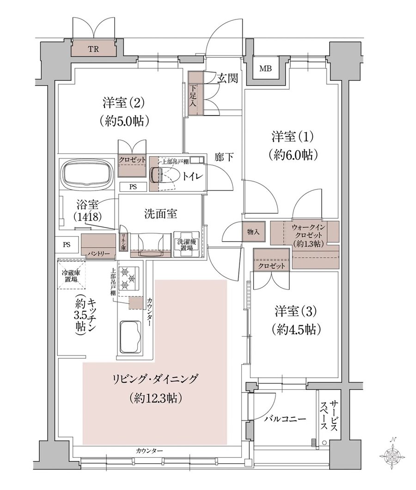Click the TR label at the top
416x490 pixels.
coord(93,49)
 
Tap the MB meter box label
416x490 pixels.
coord(265,68)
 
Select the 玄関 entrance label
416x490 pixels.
coord(227,78)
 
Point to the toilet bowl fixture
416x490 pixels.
coord(164,174)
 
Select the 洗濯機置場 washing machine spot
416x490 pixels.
coord(186,244)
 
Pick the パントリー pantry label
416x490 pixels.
coord(98,253)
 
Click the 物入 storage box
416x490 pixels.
coord(253,232)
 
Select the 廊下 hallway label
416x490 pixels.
coord(224,157)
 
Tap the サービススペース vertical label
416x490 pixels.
coord(329,415)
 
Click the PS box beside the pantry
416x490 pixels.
coord(67,245)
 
